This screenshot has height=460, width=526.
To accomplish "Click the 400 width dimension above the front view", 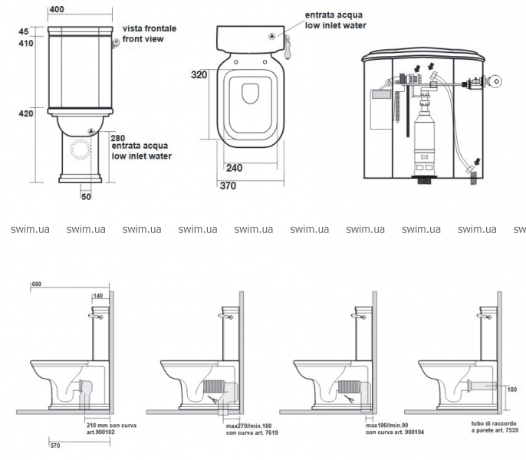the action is pyautogui.click(x=57, y=9).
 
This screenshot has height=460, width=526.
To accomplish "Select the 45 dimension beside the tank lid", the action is pyautogui.click(x=24, y=31).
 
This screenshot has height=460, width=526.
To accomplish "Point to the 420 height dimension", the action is pyautogui.click(x=26, y=113).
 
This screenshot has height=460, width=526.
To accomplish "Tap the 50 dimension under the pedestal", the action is pyautogui.click(x=86, y=196).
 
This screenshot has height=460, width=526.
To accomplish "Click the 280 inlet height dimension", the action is pyautogui.click(x=118, y=138).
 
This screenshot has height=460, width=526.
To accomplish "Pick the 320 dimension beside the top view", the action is pyautogui.click(x=199, y=74).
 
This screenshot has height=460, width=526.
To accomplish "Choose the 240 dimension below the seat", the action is pyautogui.click(x=234, y=168).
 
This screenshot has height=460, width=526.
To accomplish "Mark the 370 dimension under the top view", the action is pyautogui.click(x=228, y=186).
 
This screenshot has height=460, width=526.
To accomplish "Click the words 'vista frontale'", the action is pyautogui.click(x=150, y=28).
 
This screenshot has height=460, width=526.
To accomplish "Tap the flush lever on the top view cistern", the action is pyautogui.click(x=288, y=47).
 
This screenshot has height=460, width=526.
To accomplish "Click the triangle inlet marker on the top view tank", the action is pyautogui.click(x=272, y=36).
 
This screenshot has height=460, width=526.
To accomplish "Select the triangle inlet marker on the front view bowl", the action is pyautogui.click(x=91, y=132).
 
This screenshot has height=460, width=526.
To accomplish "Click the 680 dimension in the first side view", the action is pyautogui.click(x=37, y=284).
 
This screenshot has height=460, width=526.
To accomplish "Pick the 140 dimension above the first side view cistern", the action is pyautogui.click(x=98, y=296).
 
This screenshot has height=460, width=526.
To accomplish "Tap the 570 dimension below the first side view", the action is pyautogui.click(x=55, y=445).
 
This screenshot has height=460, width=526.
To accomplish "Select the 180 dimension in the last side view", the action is pyautogui.click(x=512, y=389).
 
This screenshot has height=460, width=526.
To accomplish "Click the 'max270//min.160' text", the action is pyautogui.click(x=248, y=426).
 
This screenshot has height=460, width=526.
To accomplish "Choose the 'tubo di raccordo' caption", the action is pyautogui.click(x=494, y=424).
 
